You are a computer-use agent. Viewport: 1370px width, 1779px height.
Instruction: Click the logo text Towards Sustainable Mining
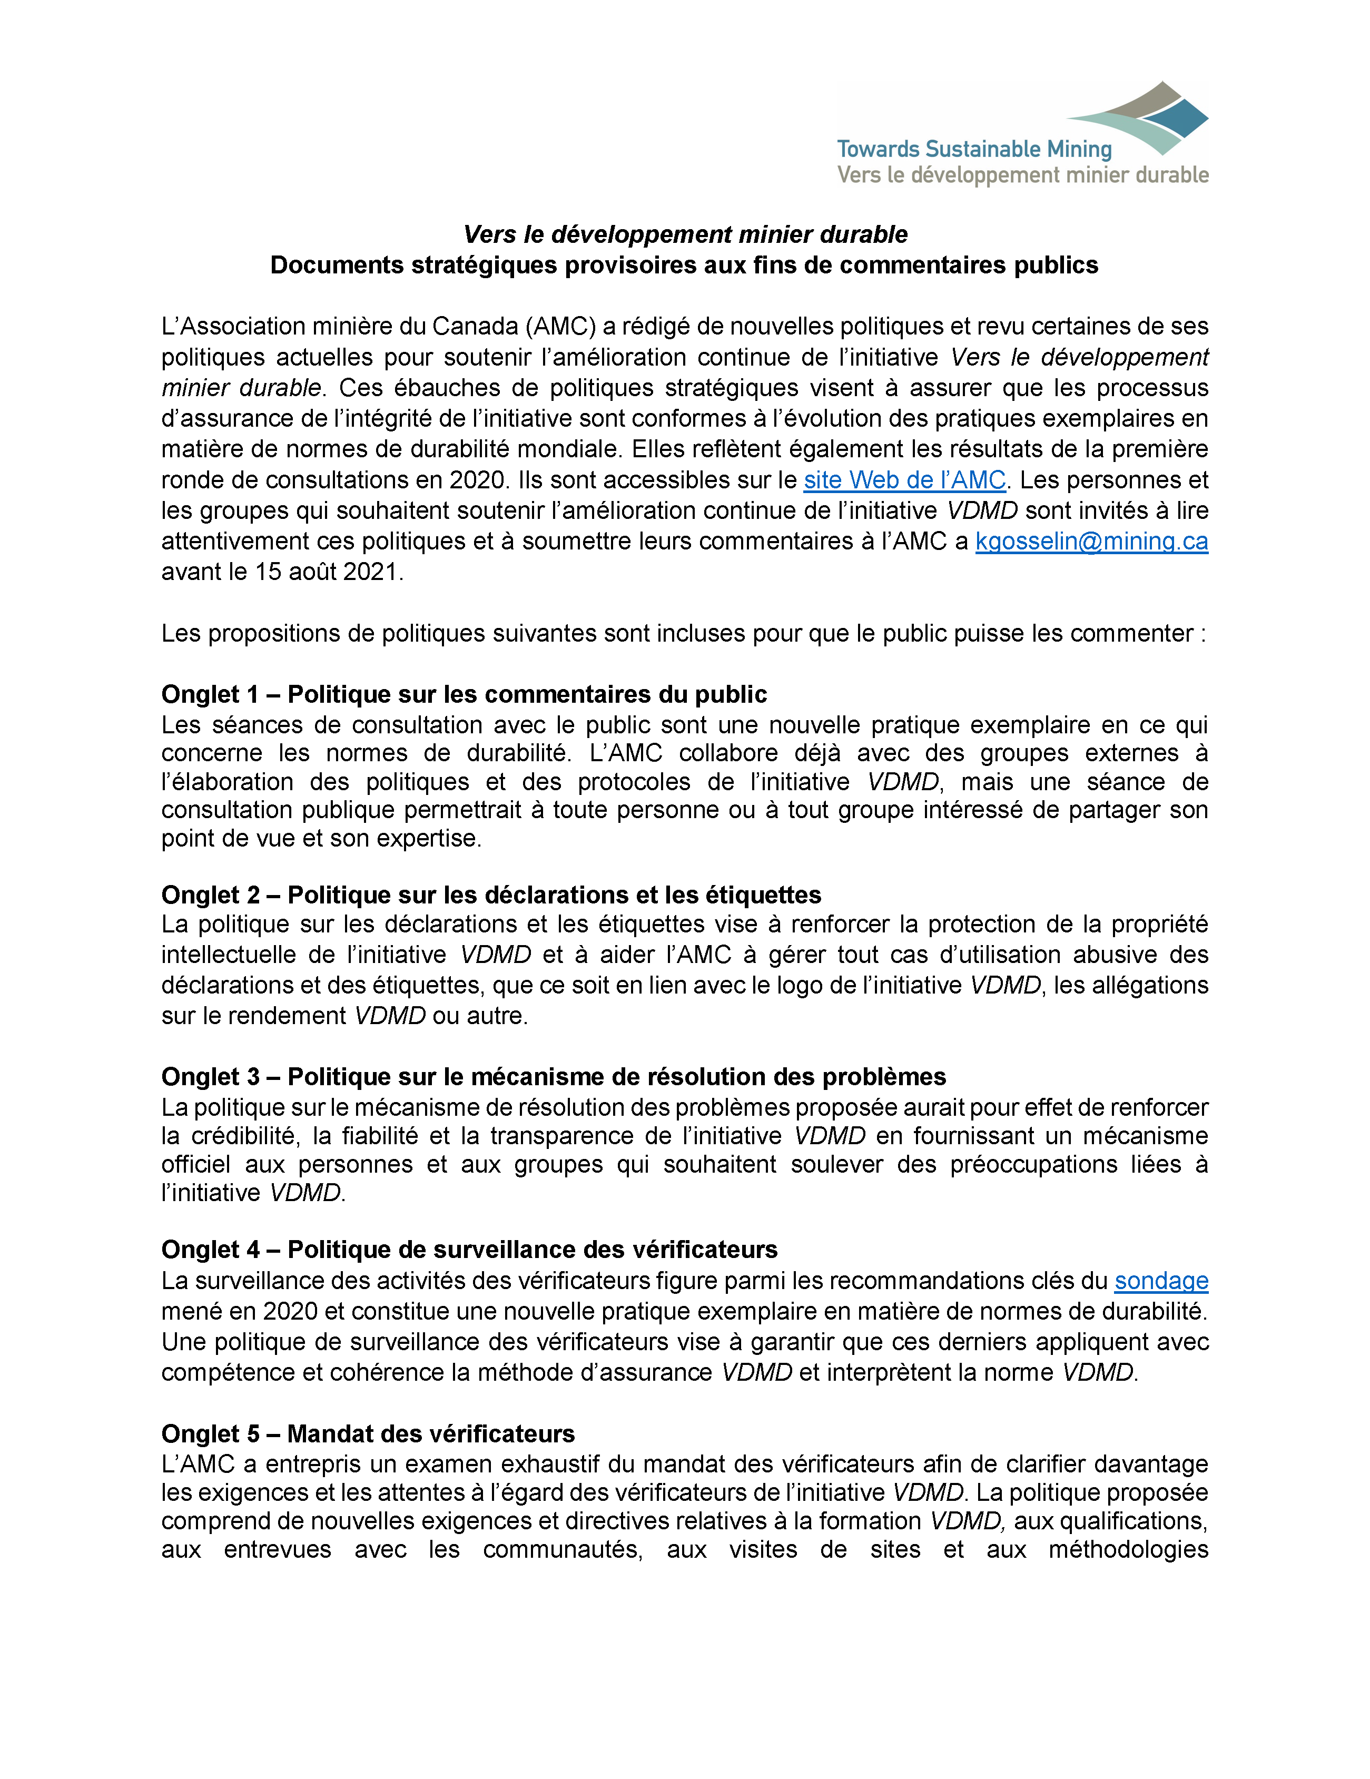coord(973,149)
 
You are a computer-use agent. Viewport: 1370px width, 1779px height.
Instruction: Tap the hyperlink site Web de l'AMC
coord(904,480)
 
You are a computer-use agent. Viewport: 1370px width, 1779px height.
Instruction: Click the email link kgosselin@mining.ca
coord(1091,541)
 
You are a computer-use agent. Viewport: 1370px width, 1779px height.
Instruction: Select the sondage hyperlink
coord(1161,1281)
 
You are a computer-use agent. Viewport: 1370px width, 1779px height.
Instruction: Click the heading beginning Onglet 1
coord(464,694)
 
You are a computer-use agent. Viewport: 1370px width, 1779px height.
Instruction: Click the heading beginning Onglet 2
coord(490,895)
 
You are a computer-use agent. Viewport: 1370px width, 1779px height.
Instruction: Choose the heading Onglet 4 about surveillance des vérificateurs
coord(469,1250)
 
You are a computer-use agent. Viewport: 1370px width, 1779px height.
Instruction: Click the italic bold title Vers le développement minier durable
coord(685,234)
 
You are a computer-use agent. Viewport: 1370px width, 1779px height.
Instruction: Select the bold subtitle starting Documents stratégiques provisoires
coord(684,265)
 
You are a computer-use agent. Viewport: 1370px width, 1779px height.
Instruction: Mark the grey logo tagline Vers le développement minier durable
coord(1022,175)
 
